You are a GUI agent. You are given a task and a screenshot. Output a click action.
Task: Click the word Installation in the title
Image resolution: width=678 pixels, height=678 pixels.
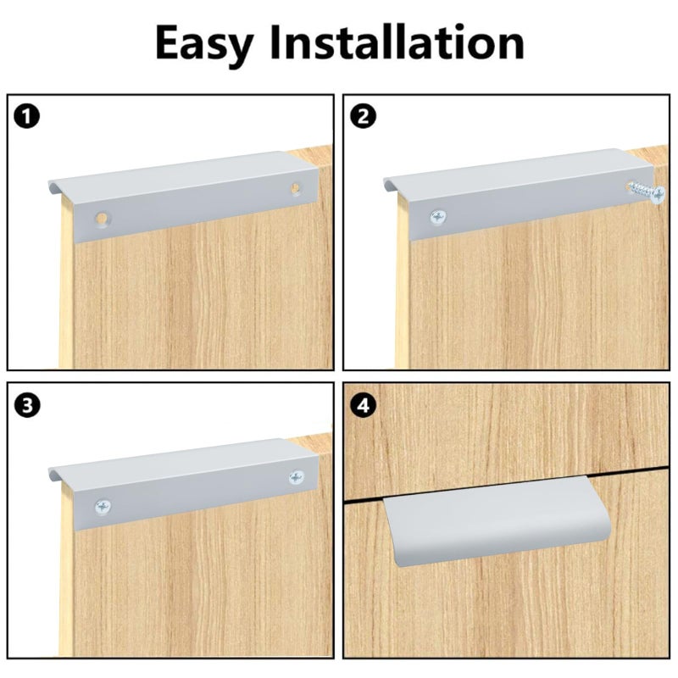397,42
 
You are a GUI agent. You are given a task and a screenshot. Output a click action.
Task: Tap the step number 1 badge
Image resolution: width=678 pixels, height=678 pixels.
27,116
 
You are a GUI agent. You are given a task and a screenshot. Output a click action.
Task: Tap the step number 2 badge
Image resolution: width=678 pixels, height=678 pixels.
364,116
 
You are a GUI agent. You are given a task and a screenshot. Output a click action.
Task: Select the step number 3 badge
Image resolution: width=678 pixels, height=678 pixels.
27,406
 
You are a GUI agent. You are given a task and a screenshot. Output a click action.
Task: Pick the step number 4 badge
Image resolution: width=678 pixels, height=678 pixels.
364,406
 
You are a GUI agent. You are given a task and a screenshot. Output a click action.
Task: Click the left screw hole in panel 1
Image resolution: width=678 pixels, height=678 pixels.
103,219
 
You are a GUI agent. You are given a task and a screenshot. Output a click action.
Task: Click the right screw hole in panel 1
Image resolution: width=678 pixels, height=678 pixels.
296,188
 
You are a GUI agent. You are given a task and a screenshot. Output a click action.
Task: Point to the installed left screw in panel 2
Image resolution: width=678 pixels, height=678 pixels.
438,217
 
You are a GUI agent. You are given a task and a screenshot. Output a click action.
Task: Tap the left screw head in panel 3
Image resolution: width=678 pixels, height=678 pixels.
103,506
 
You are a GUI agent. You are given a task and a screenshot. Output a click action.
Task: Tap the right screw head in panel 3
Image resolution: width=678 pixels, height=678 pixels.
296,477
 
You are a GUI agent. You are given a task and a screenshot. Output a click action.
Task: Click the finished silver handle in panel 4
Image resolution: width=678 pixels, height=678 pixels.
497,521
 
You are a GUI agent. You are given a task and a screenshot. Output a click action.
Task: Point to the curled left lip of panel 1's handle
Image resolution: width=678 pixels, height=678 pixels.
53,186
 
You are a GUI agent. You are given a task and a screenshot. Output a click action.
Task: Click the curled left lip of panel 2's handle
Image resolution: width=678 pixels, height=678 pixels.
389,185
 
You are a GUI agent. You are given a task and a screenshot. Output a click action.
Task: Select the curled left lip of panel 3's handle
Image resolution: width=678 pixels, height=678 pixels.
53,475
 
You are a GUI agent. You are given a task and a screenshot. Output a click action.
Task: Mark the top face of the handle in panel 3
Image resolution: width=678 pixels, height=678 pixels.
181,459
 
